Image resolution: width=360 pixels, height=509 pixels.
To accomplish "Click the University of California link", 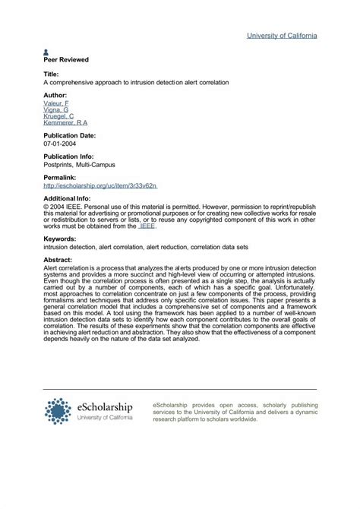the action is pyautogui.click(x=282, y=36).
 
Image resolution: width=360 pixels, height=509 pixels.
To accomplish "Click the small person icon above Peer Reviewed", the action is pyautogui.click(x=46, y=52).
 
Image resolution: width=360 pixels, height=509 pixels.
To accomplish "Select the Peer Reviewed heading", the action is pyautogui.click(x=66, y=59).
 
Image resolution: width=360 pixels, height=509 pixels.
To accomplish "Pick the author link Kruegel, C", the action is pyautogui.click(x=58, y=116).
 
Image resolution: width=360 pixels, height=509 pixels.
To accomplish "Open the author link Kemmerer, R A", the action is pyautogui.click(x=65, y=122).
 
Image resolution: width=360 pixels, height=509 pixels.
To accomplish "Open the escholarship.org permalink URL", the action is pyautogui.click(x=100, y=185).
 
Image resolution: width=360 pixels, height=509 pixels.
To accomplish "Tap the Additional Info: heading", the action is pyautogui.click(x=68, y=198).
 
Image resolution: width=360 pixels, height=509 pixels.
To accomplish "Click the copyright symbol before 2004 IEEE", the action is pyautogui.click(x=46, y=205).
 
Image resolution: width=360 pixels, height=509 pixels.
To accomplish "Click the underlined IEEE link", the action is pyautogui.click(x=147, y=226).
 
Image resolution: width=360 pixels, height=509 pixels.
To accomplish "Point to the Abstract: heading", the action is pyautogui.click(x=58, y=260).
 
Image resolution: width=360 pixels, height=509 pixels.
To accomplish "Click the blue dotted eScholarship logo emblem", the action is pyautogui.click(x=58, y=411).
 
